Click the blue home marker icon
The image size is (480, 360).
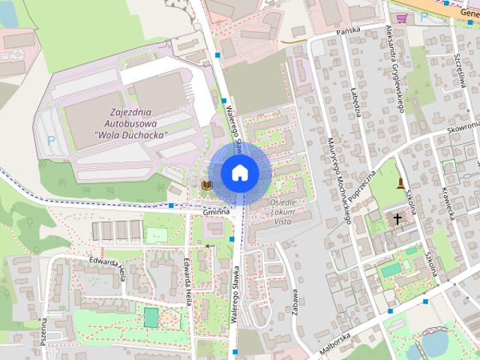point(239,172)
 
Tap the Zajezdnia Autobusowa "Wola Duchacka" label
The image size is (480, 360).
point(131,123)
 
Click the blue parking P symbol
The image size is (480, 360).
point(51,139)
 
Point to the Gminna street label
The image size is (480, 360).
point(216,213)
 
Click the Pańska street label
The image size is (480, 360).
point(349,30)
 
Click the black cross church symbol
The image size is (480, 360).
point(397,218)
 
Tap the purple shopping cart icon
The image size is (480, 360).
point(403,18)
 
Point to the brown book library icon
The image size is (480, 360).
point(206,184)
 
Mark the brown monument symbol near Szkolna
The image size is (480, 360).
point(403,183)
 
